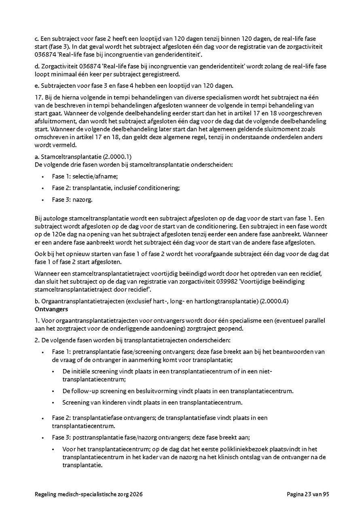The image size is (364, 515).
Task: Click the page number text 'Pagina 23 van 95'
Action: (308, 494)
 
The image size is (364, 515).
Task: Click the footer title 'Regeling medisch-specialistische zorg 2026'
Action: (89, 494)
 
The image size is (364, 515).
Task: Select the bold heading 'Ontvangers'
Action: (51, 309)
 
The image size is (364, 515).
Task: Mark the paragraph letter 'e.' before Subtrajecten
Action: (37, 86)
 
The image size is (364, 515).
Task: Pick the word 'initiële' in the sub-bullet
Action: (83, 371)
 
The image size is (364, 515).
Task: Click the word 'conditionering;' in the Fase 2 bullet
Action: (159, 188)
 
